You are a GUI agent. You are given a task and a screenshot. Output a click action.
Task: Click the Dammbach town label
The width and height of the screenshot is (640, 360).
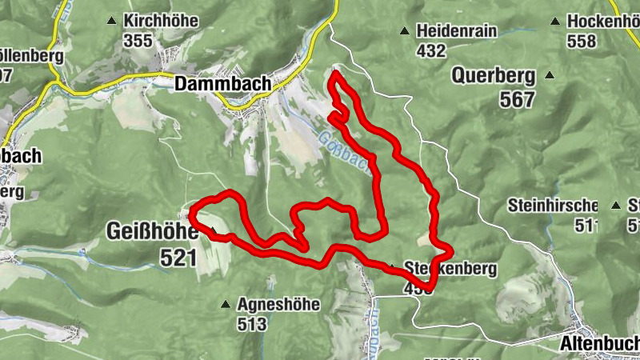(x=222, y=83)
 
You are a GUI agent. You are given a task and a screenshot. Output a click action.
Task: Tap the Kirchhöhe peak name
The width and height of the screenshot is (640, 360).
(x=161, y=21)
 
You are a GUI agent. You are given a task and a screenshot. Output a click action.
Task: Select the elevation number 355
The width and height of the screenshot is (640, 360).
(x=138, y=40)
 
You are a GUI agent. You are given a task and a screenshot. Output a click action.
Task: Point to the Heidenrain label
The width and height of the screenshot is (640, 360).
(x=457, y=31)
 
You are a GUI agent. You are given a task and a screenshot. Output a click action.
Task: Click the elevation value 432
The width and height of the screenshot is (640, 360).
(x=430, y=50)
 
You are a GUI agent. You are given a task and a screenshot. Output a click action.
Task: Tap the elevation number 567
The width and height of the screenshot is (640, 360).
(x=517, y=99)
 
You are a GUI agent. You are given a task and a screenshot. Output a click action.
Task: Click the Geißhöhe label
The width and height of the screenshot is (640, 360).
(x=152, y=232)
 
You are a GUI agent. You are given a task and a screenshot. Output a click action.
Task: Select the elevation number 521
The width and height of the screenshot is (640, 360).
(x=178, y=257)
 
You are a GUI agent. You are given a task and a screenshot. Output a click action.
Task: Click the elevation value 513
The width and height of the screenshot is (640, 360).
(x=251, y=324)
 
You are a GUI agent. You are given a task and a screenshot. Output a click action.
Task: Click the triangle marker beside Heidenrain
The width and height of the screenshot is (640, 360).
(x=405, y=31)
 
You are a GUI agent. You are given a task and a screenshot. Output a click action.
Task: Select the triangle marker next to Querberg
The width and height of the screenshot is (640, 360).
(x=550, y=76)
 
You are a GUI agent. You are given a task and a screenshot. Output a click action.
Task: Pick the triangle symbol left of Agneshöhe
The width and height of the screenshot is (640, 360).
(x=226, y=304)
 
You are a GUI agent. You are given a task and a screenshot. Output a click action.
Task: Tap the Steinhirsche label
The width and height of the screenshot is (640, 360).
(x=553, y=205)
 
